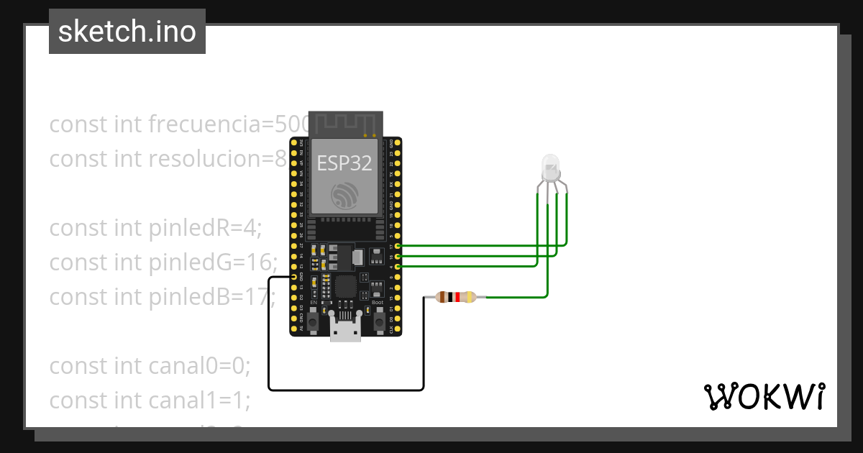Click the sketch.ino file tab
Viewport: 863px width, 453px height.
127,32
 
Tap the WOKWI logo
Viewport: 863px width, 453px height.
764,396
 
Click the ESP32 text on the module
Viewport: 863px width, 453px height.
344,163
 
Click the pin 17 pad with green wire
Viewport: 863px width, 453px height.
398,246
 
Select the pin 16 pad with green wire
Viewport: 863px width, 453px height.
398,256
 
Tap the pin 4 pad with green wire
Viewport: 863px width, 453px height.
398,266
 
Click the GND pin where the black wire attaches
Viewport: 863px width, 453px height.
293,277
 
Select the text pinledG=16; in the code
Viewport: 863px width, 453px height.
213,262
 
